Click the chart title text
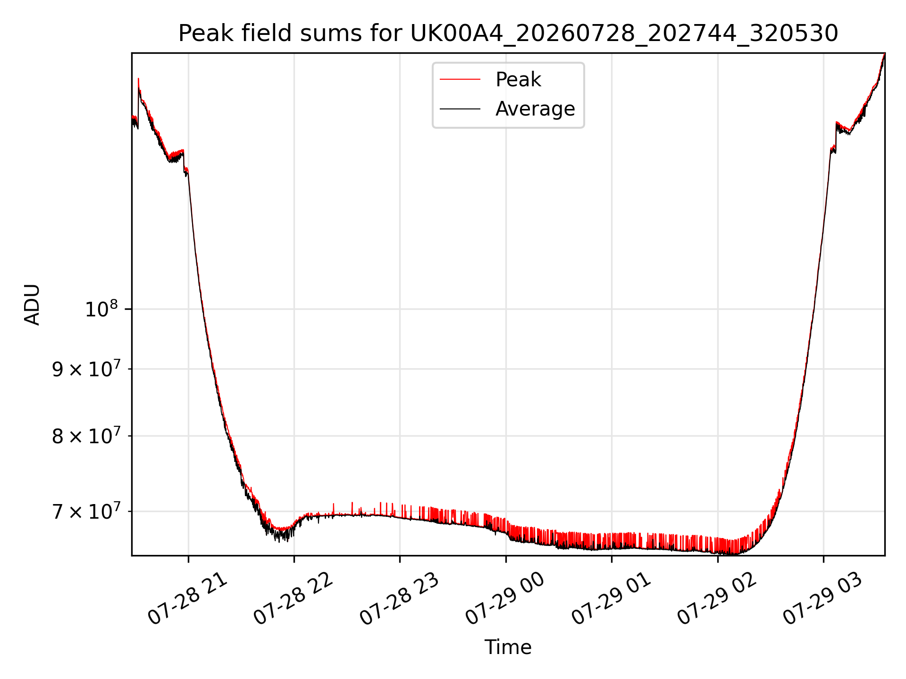click(x=508, y=33)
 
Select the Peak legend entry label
click(x=518, y=80)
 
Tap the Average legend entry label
click(x=535, y=109)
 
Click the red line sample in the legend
click(x=460, y=80)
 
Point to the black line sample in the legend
click(x=460, y=109)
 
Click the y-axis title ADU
click(x=32, y=305)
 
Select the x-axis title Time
click(x=508, y=647)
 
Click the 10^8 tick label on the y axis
click(x=101, y=309)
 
